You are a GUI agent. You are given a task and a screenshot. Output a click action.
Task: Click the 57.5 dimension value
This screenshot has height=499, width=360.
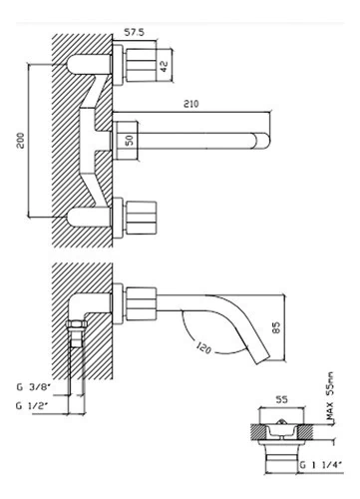[x=134, y=32]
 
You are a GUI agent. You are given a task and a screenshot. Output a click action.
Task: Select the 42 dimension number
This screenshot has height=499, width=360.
[x=164, y=66]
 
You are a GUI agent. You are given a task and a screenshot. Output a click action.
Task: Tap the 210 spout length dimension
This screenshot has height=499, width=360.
[x=191, y=104]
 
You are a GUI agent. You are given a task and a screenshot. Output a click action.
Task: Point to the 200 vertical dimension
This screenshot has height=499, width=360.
[x=21, y=141]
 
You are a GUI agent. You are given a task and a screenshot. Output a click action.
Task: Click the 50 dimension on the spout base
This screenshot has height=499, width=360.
[x=130, y=140]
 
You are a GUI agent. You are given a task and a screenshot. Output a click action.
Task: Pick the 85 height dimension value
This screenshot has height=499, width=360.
[x=276, y=327]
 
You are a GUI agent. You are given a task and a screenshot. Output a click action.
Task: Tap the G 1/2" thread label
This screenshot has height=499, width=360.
[x=32, y=406]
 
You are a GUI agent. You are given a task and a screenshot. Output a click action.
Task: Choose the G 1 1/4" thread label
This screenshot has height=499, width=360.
[x=321, y=465]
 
